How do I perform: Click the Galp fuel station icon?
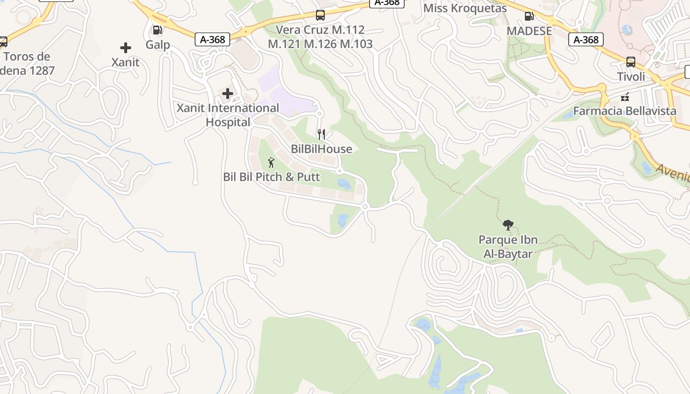coord(158,30)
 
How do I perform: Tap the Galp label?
coord(158,45)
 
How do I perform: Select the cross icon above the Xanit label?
coord(126,48)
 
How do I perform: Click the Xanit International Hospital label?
coord(228,115)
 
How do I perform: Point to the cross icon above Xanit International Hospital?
coord(228,93)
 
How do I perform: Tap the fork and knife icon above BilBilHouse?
coord(321,134)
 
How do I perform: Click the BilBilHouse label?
coord(321,149)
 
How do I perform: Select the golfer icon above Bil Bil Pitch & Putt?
coord(271,162)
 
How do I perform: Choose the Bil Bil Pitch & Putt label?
coord(272,177)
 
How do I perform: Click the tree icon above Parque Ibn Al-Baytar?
coord(508,226)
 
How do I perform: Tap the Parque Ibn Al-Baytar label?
coord(508,247)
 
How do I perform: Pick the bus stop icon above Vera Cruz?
coord(320,15)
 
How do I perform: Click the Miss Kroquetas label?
coord(465,8)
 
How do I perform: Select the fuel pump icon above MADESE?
coord(529,16)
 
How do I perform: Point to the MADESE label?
coord(529,31)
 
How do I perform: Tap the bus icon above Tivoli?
coord(631,62)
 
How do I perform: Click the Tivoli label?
coord(631,77)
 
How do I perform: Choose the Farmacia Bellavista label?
coord(624,111)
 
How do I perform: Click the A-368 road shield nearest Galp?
coord(213,39)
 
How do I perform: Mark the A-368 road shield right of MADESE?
coord(586,39)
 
